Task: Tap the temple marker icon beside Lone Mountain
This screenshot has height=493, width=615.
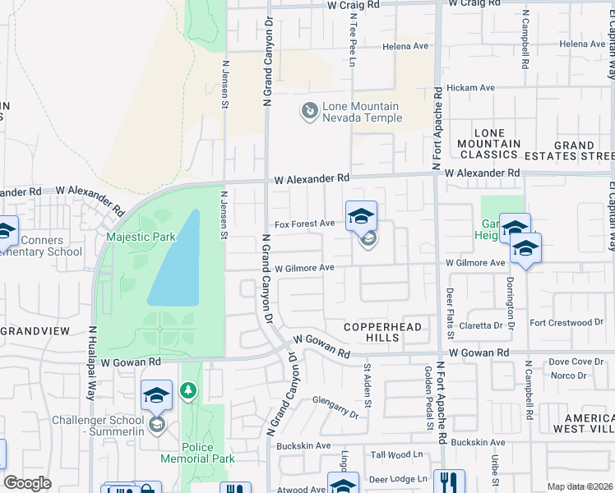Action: tap(310, 110)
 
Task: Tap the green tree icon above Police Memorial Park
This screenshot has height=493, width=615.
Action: tap(188, 389)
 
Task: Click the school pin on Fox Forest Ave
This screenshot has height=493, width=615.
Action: tap(361, 218)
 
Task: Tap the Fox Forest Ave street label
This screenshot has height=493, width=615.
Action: tap(304, 223)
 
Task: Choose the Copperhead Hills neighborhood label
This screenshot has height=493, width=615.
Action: tap(382, 333)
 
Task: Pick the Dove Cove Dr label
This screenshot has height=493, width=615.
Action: tap(576, 362)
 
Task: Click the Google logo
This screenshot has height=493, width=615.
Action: tap(27, 484)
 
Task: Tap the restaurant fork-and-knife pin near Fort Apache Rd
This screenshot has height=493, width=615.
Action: tap(449, 481)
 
